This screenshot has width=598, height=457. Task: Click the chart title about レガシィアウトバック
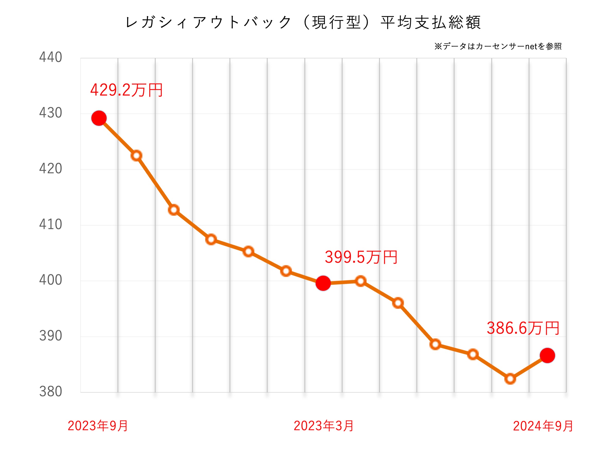click(x=302, y=22)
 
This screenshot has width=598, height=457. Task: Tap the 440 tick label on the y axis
click(x=50, y=57)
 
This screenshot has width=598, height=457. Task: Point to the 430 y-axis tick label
click(x=50, y=113)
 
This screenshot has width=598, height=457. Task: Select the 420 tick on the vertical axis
click(x=50, y=168)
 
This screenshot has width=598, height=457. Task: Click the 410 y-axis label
click(x=50, y=224)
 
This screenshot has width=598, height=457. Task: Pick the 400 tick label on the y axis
click(x=50, y=280)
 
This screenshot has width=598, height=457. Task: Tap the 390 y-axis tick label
click(x=50, y=336)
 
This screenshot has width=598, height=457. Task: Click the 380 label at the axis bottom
click(x=50, y=391)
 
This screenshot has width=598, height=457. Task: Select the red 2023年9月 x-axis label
click(x=98, y=426)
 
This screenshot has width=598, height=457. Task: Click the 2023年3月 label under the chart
click(x=323, y=426)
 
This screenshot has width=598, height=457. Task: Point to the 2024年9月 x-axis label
click(x=543, y=426)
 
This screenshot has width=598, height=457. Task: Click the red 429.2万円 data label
click(x=126, y=90)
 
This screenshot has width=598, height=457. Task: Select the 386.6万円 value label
click(x=523, y=328)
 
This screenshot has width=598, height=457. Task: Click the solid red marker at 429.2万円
click(x=99, y=118)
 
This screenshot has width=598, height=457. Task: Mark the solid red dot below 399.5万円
click(x=323, y=283)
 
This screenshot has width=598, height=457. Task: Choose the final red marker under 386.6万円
click(x=547, y=355)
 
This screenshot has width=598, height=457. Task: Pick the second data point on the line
click(x=136, y=156)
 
